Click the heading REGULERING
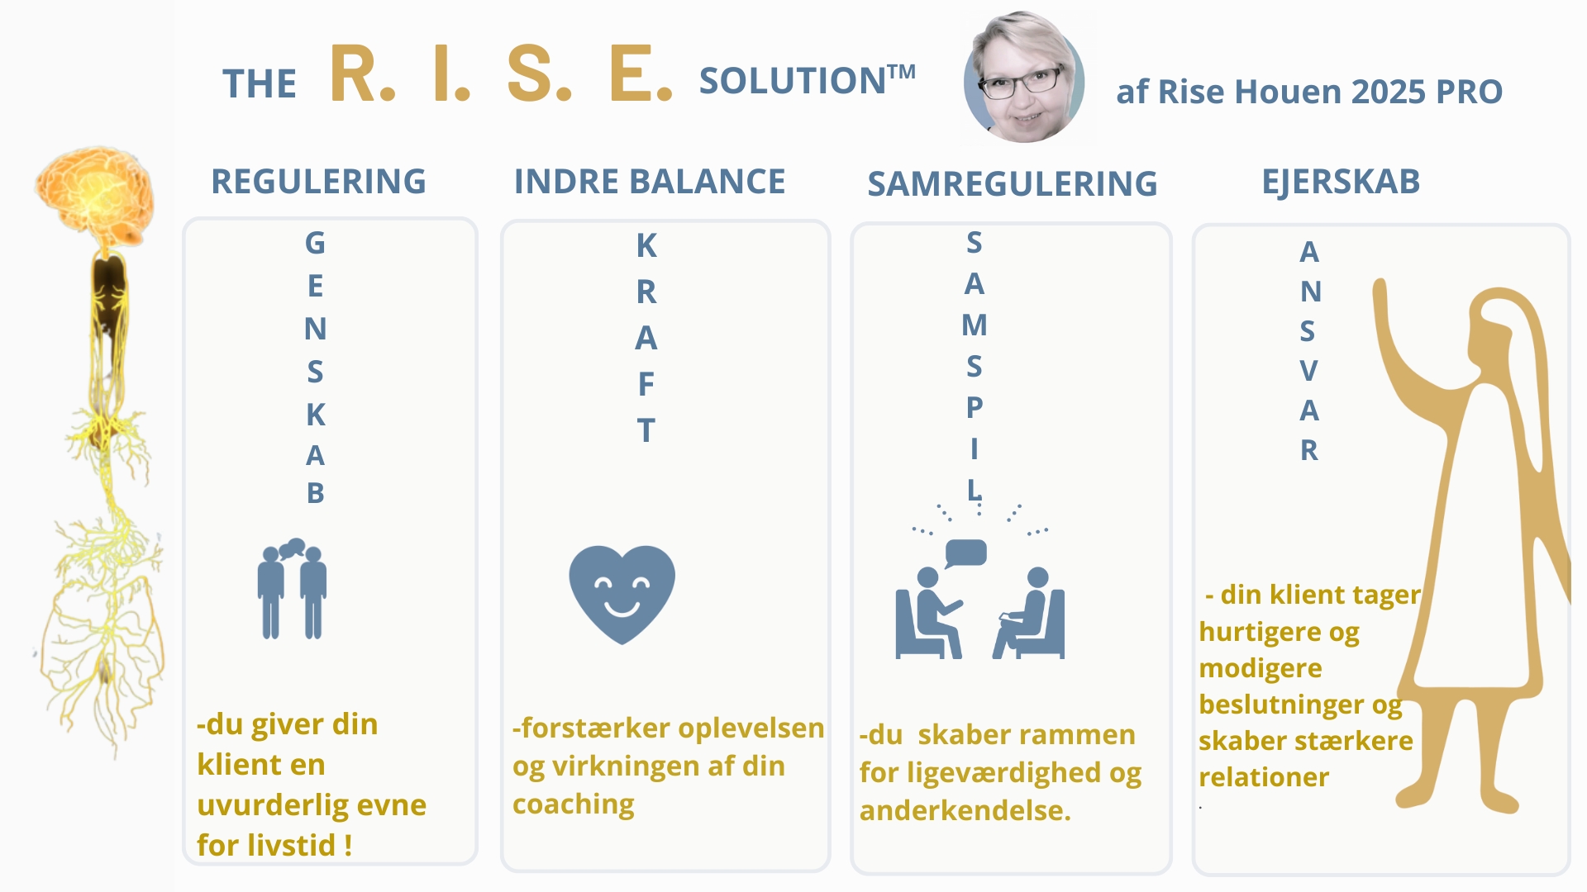pos(319,182)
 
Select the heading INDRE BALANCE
pos(650,182)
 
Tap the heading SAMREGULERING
pos(1013,184)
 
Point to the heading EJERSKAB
pos(1341,182)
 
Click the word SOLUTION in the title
pos(793,81)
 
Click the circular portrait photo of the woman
pos(1025,78)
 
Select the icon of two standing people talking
pos(292,589)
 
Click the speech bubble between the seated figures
pos(965,553)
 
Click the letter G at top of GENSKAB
pos(315,243)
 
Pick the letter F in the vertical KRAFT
pos(646,384)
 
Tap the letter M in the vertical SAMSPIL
pos(975,325)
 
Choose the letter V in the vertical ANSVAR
pos(1308,371)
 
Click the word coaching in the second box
pos(574,804)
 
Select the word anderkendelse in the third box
pos(965,811)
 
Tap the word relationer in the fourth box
pos(1264,777)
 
